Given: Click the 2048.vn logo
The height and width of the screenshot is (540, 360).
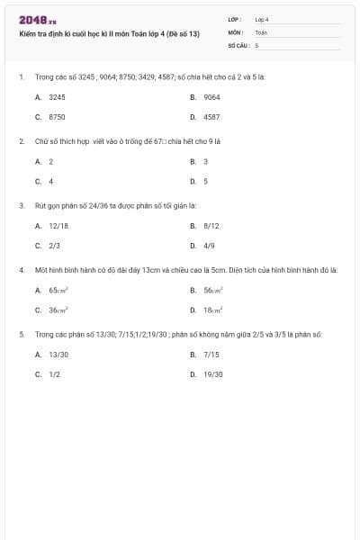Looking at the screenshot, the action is click(x=38, y=20).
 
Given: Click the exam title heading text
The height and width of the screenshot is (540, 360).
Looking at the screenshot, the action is click(x=109, y=33).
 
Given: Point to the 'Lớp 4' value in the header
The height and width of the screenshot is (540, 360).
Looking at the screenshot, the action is click(x=262, y=19).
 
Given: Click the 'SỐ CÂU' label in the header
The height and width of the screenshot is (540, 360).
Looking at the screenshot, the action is click(x=238, y=44).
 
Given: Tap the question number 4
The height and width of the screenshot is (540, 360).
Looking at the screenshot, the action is click(x=21, y=269).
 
